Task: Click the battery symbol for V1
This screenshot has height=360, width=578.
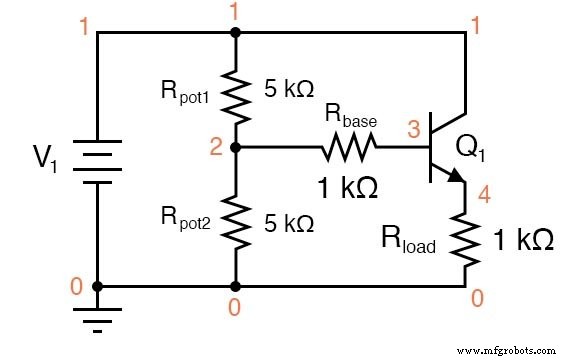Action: pos(97,159)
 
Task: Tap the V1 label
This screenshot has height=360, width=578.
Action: pos(44,157)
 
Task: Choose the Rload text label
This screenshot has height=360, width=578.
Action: pos(408,240)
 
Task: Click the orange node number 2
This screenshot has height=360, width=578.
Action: pos(215,149)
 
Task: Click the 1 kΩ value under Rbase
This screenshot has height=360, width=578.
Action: pos(349,187)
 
